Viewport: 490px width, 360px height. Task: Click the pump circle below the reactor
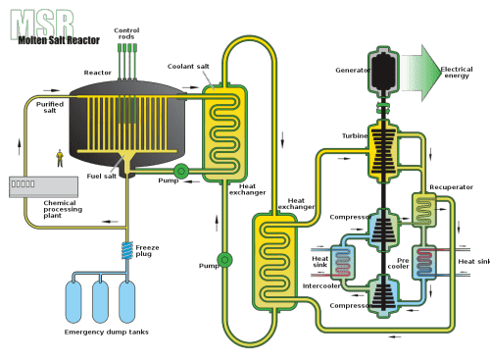tap(181, 171)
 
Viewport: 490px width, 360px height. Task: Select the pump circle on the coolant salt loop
tap(224, 260)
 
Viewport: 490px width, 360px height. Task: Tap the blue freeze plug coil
tap(127, 250)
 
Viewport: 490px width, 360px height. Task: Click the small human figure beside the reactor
tap(60, 158)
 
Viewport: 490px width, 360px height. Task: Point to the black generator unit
tap(383, 73)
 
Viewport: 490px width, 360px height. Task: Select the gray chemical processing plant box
tap(43, 186)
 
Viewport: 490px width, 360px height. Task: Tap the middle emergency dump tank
tap(100, 302)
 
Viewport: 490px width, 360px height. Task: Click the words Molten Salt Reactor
tap(59, 40)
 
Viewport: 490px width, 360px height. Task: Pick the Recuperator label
tap(451, 187)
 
